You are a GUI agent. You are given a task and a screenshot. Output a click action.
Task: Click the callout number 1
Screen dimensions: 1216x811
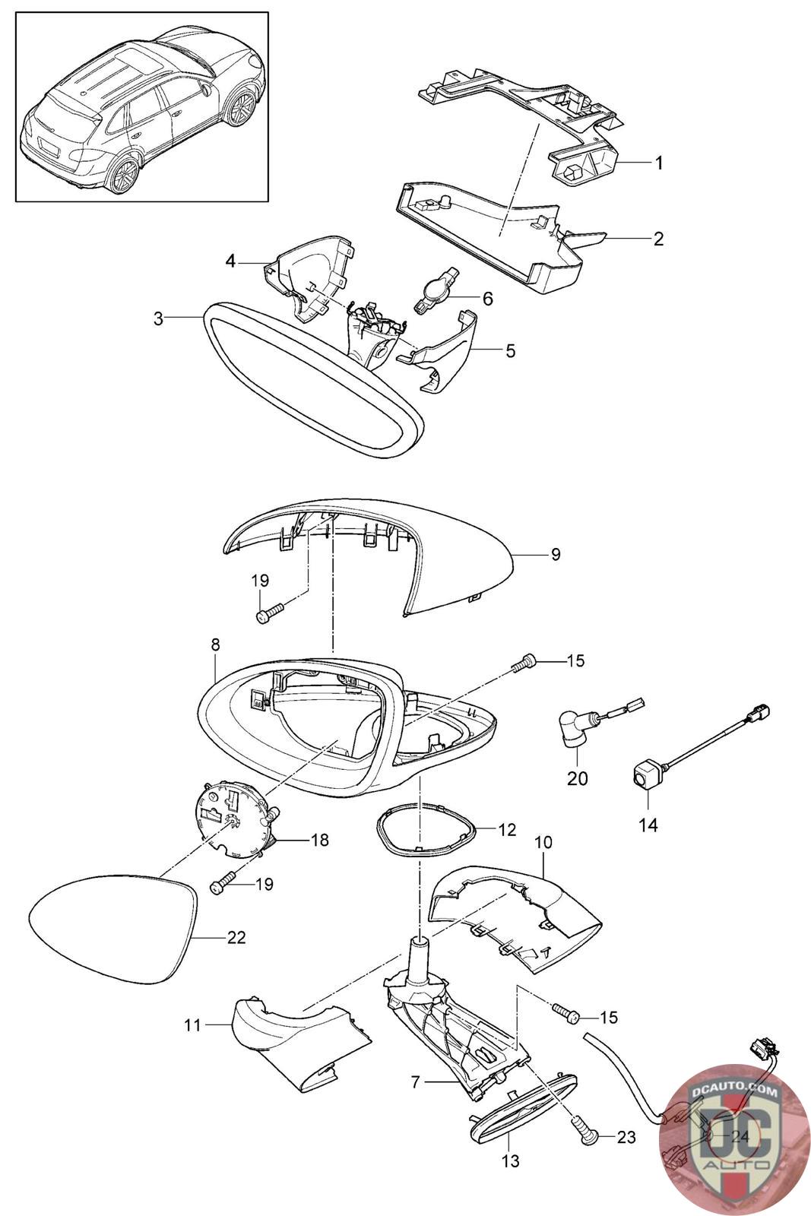coord(659,163)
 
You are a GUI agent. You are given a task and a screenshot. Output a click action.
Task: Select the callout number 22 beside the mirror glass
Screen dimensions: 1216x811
coord(236,938)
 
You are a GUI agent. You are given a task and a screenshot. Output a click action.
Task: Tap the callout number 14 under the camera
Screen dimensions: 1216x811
coord(648,824)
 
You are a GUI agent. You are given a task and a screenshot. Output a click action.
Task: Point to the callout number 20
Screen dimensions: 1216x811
coord(577,778)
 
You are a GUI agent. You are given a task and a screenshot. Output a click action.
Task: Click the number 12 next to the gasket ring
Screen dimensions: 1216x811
coord(507,830)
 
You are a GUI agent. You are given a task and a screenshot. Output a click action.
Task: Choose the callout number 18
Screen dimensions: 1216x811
coord(320,840)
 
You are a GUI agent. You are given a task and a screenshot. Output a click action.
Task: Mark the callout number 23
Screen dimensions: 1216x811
coord(626,1137)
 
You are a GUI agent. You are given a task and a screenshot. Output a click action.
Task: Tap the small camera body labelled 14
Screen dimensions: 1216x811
coord(645,776)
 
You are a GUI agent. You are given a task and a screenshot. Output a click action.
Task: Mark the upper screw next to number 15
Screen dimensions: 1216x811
coord(524,664)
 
